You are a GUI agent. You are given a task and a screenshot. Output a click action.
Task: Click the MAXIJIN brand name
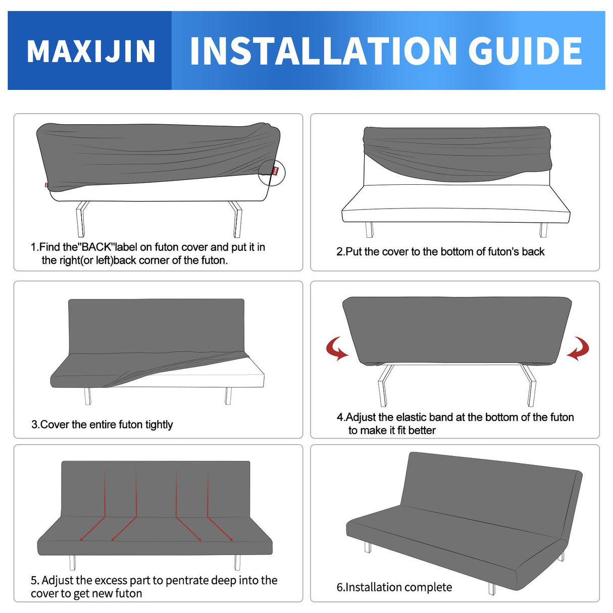pos(91,52)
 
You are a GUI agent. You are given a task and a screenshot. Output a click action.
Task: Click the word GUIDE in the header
pos(525,51)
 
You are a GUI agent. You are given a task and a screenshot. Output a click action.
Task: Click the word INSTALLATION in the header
pos(323,51)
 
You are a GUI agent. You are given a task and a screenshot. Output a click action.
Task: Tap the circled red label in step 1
pos(275,171)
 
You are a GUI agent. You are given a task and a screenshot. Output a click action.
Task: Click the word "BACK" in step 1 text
pos(96,247)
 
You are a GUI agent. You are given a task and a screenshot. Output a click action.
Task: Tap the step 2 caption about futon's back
pos(440,251)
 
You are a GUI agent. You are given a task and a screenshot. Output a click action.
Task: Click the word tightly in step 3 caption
pos(159,425)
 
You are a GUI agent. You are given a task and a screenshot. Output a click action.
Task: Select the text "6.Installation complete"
pos(394,587)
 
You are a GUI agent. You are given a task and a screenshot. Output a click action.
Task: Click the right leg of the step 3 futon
pos(228,396)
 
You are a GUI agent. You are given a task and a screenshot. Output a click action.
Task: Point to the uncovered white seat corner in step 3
pos(252,374)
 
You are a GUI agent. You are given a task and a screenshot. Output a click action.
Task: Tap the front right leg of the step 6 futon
pos(491,589)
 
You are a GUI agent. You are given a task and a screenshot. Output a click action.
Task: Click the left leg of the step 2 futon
pos(369,230)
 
